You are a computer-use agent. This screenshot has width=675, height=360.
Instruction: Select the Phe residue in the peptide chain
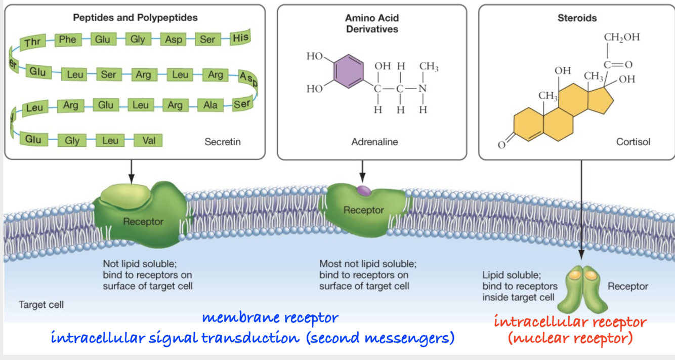point(67,39)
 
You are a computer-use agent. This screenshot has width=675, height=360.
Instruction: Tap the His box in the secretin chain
point(240,37)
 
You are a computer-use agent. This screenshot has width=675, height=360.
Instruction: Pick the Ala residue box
point(210,105)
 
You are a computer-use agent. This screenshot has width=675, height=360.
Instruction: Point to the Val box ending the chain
point(148,140)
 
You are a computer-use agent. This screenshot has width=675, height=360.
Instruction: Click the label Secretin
point(223,142)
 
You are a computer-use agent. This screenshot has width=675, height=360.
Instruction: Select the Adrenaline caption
point(374,142)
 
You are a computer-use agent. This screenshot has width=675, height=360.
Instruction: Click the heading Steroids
point(577,18)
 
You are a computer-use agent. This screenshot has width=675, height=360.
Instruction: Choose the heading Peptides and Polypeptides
point(135,18)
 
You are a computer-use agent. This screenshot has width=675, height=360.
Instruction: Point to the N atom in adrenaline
point(423,89)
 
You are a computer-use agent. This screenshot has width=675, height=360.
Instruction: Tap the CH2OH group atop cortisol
point(621,37)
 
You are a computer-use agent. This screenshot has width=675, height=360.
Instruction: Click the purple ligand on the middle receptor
point(364,190)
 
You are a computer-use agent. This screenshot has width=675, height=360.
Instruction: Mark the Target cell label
point(41,305)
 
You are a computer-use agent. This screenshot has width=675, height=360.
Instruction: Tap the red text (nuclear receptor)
point(570,338)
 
